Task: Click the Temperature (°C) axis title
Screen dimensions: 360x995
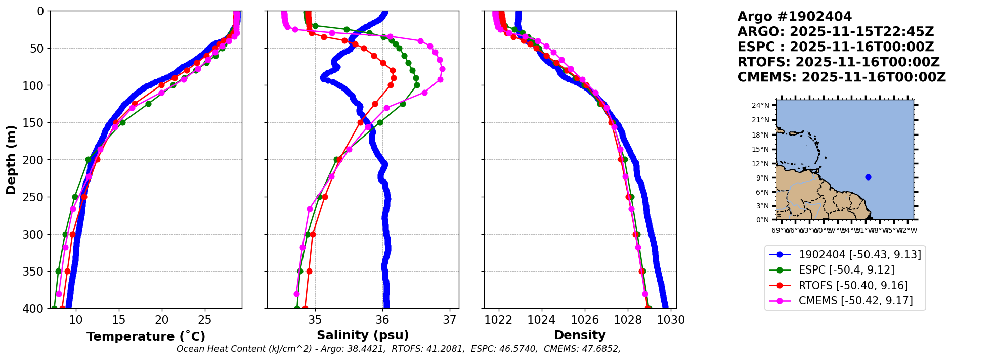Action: (x=146, y=337)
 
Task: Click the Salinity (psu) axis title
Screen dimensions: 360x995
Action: (x=363, y=335)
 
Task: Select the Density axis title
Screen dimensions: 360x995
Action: (x=580, y=335)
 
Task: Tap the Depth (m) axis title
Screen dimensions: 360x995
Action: (x=11, y=160)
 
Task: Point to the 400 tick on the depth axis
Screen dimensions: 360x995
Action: (x=36, y=308)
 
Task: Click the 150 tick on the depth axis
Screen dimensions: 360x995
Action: (x=36, y=122)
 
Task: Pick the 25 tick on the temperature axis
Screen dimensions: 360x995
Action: (x=204, y=320)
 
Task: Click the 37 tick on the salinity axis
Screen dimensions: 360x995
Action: (x=450, y=320)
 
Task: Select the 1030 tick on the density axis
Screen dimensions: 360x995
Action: (x=671, y=320)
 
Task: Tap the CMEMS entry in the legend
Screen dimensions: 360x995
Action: (x=855, y=301)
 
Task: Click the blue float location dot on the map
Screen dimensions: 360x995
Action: (x=868, y=177)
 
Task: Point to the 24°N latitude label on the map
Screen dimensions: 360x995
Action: (x=760, y=105)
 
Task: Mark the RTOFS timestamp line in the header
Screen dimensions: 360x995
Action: (x=838, y=62)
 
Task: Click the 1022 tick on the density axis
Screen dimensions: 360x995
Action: (x=499, y=320)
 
